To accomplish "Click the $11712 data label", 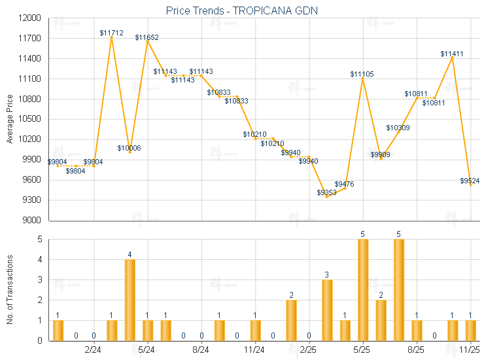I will click(111, 32).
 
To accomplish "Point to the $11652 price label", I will click(147, 37).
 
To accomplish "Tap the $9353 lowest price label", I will click(327, 192).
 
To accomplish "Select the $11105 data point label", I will click(362, 74).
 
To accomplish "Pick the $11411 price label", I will click(452, 54).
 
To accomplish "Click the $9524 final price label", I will click(470, 180).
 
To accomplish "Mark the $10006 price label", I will click(129, 147).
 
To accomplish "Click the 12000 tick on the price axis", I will click(30, 18).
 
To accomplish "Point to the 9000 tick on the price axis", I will click(32, 221).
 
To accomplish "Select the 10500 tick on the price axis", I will click(30, 120).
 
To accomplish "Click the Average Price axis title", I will click(9, 119).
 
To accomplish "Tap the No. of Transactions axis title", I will click(9, 290).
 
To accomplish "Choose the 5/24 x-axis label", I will click(147, 350).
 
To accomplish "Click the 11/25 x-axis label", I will click(470, 350).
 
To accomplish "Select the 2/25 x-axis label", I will click(309, 350).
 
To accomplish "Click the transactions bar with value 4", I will click(130, 300).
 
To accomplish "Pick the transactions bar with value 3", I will click(327, 310).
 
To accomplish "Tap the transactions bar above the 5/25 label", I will click(362, 289).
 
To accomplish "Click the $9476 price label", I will click(345, 184).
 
